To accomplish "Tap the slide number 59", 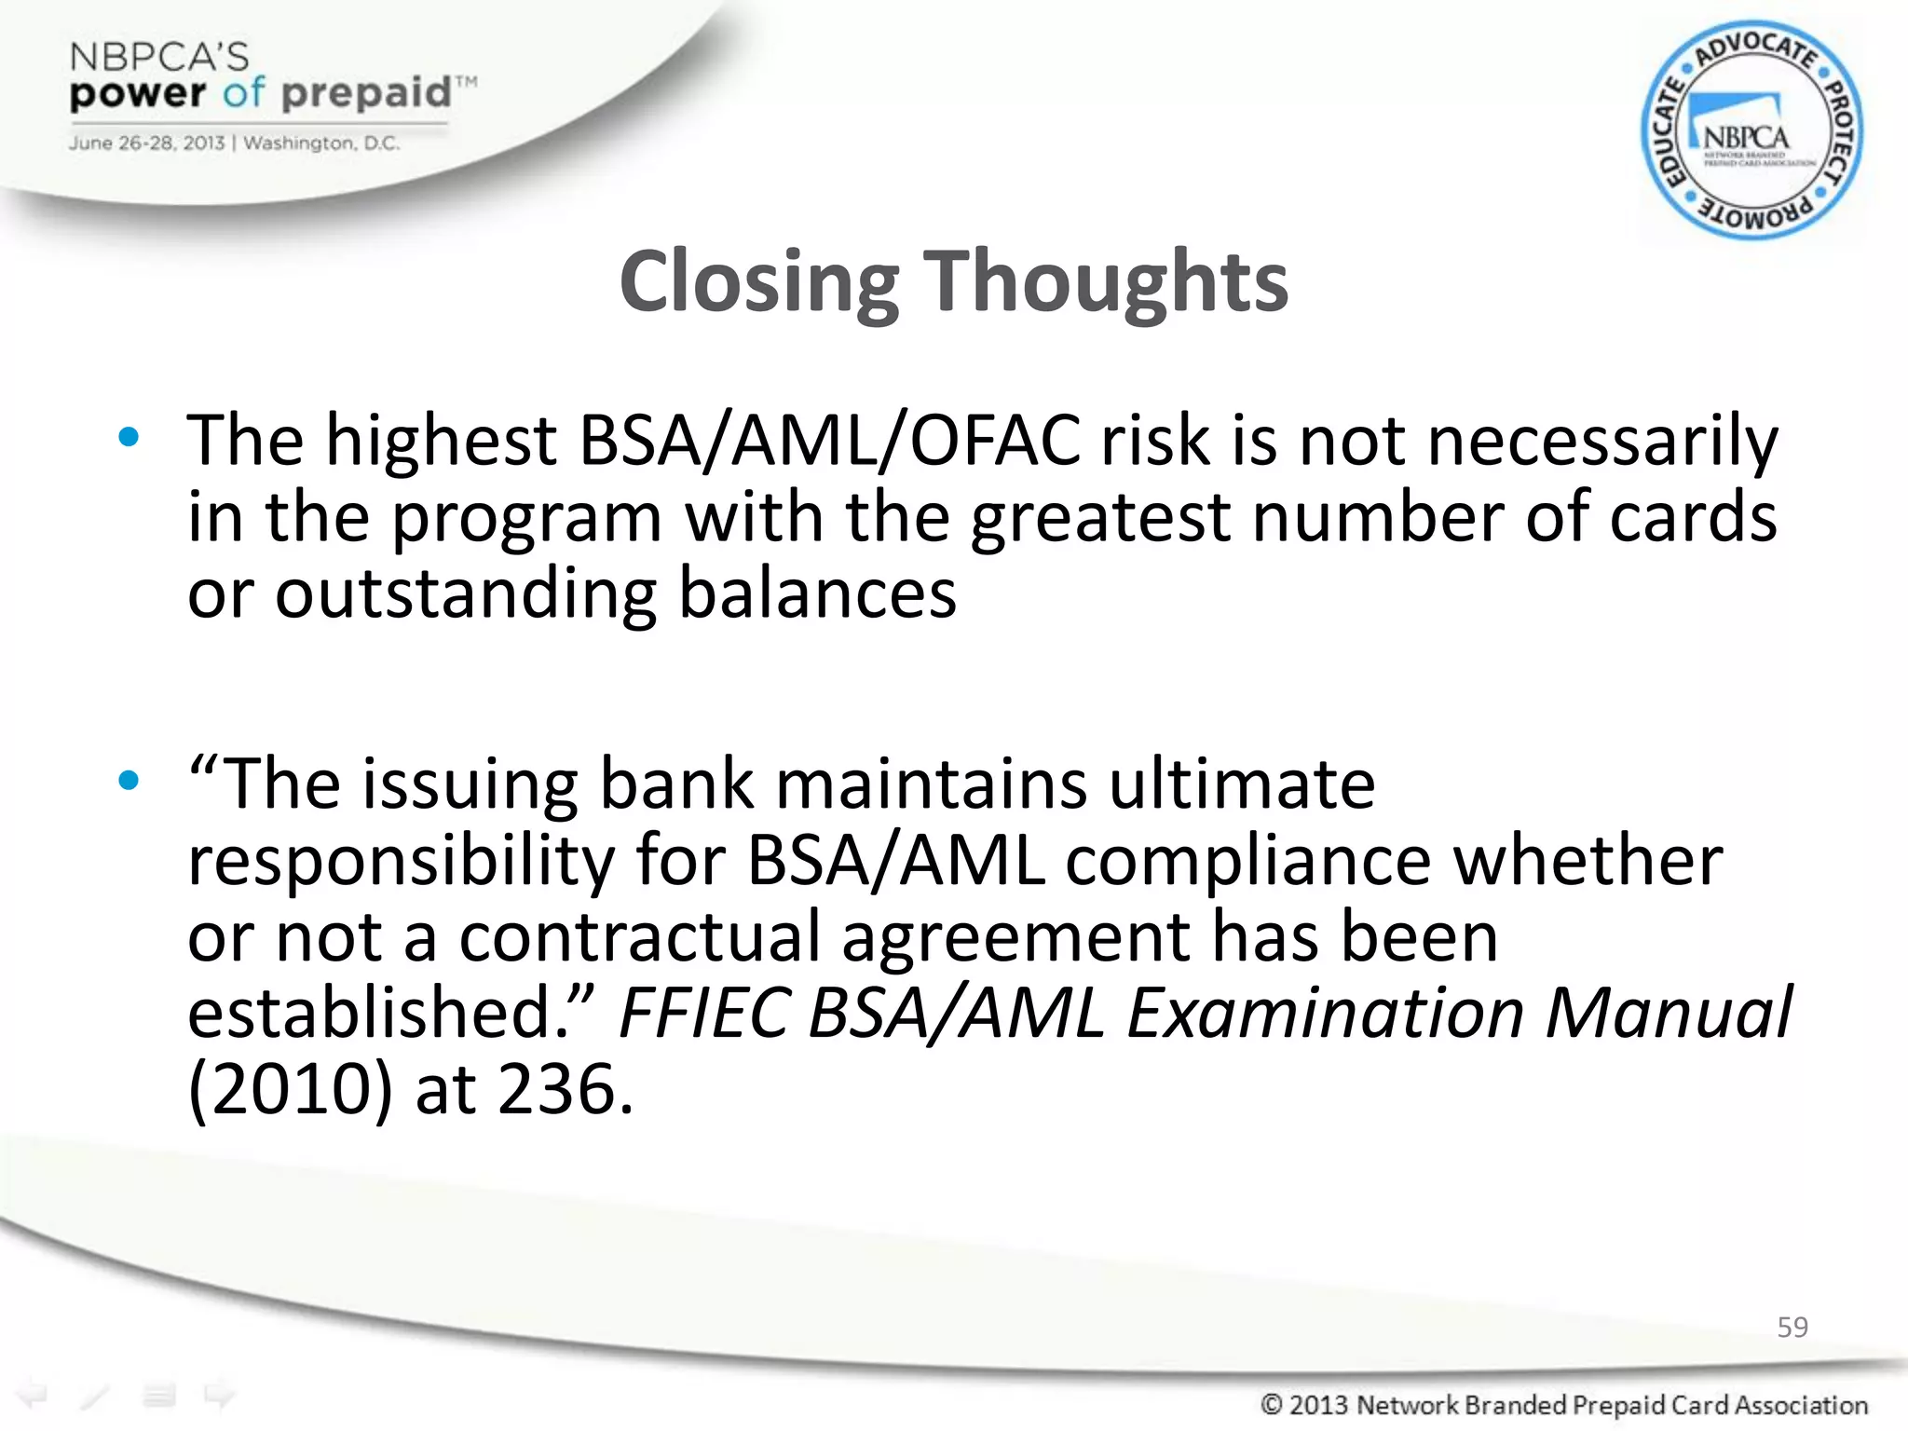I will coord(1792,1327).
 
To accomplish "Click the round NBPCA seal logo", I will coord(1751,131).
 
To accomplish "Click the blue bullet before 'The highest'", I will coord(129,437).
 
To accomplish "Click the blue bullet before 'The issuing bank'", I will coord(129,780).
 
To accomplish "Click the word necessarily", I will coord(1602,440).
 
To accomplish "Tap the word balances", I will coord(817,593).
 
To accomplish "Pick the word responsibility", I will coord(401,861).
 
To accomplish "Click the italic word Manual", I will coord(1668,1014).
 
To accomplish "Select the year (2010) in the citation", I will coord(291,1090).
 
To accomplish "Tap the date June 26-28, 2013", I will coord(146,143).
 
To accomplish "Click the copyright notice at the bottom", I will coord(1563,1404).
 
